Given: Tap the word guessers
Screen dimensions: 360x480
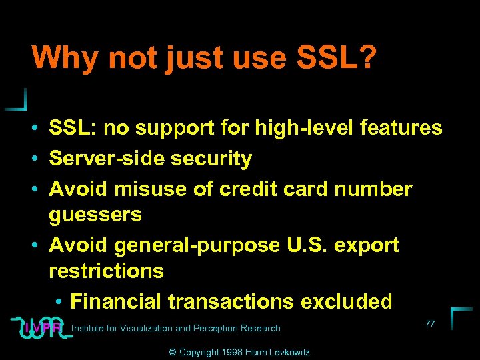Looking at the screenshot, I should (x=95, y=215).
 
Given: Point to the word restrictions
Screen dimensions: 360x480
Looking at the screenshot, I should (x=106, y=271).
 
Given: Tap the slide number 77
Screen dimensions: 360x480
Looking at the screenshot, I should (x=429, y=323).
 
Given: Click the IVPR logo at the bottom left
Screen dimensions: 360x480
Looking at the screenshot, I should (x=41, y=327).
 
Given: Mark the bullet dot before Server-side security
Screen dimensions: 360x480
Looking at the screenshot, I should (x=39, y=159).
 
